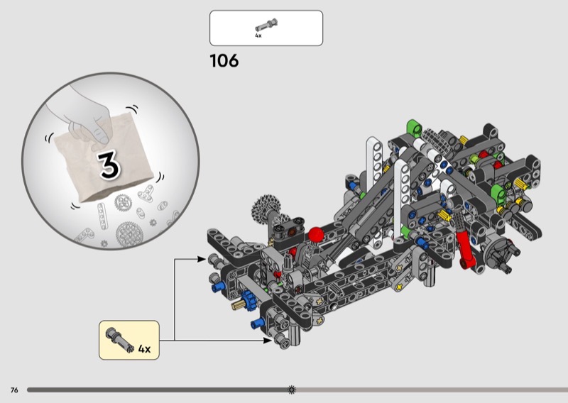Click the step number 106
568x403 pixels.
click(x=224, y=60)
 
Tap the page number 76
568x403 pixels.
click(x=14, y=390)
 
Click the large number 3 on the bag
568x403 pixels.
click(x=109, y=165)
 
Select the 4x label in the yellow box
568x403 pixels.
click(x=144, y=349)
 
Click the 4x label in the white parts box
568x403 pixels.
click(x=258, y=35)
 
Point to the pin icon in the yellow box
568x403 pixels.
click(x=120, y=339)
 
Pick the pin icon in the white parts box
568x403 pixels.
click(x=267, y=25)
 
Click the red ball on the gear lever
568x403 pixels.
click(x=316, y=235)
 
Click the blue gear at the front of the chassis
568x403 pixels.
click(x=248, y=300)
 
